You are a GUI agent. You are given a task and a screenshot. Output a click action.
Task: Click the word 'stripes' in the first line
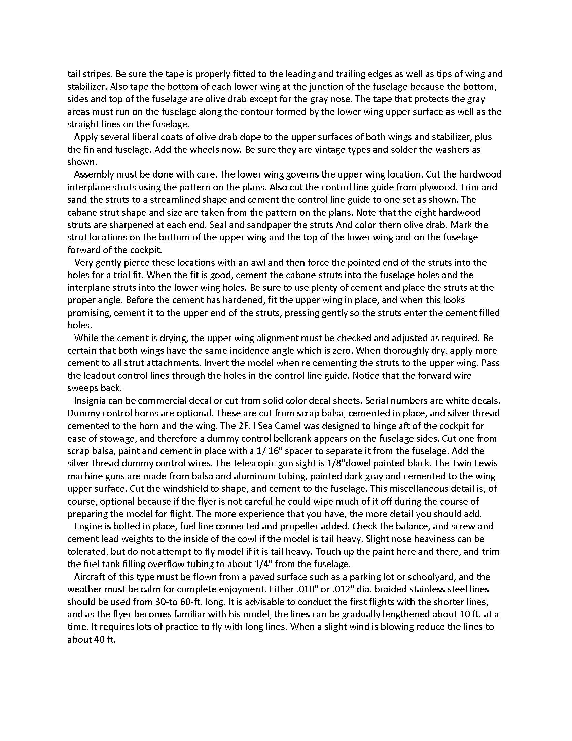click(x=98, y=74)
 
